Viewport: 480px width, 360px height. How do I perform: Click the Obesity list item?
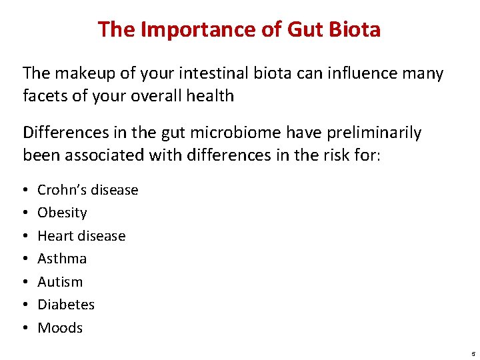click(62, 213)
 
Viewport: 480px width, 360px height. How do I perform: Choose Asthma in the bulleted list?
click(62, 259)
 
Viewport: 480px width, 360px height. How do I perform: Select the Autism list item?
click(60, 281)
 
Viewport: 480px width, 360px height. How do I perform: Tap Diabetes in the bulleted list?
click(66, 305)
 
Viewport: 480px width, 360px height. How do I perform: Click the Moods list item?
click(60, 327)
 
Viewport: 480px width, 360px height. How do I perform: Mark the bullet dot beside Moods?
click(25, 328)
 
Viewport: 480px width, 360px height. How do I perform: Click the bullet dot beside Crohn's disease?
click(25, 190)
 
